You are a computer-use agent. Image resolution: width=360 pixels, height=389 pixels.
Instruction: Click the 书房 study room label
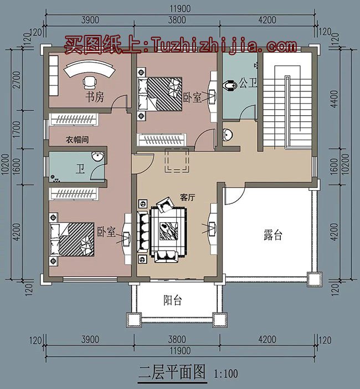tap(94, 98)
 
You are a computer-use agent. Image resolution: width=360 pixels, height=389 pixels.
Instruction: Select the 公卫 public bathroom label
tap(249, 84)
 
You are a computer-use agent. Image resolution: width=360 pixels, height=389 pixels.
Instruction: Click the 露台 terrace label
tap(272, 235)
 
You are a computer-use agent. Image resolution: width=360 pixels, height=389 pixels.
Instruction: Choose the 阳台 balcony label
tap(172, 301)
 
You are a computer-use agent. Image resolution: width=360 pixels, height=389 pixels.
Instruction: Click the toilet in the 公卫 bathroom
tap(229, 86)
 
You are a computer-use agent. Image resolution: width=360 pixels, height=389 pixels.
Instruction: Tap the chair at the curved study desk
tap(89, 83)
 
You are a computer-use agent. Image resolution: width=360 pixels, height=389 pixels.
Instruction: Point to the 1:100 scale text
tap(225, 373)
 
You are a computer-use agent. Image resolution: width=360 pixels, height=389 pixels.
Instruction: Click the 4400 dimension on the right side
tap(342, 98)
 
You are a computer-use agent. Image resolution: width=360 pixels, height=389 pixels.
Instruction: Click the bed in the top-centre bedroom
tap(160, 93)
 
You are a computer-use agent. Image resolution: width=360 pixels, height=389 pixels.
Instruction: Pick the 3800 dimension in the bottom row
tap(176, 339)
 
